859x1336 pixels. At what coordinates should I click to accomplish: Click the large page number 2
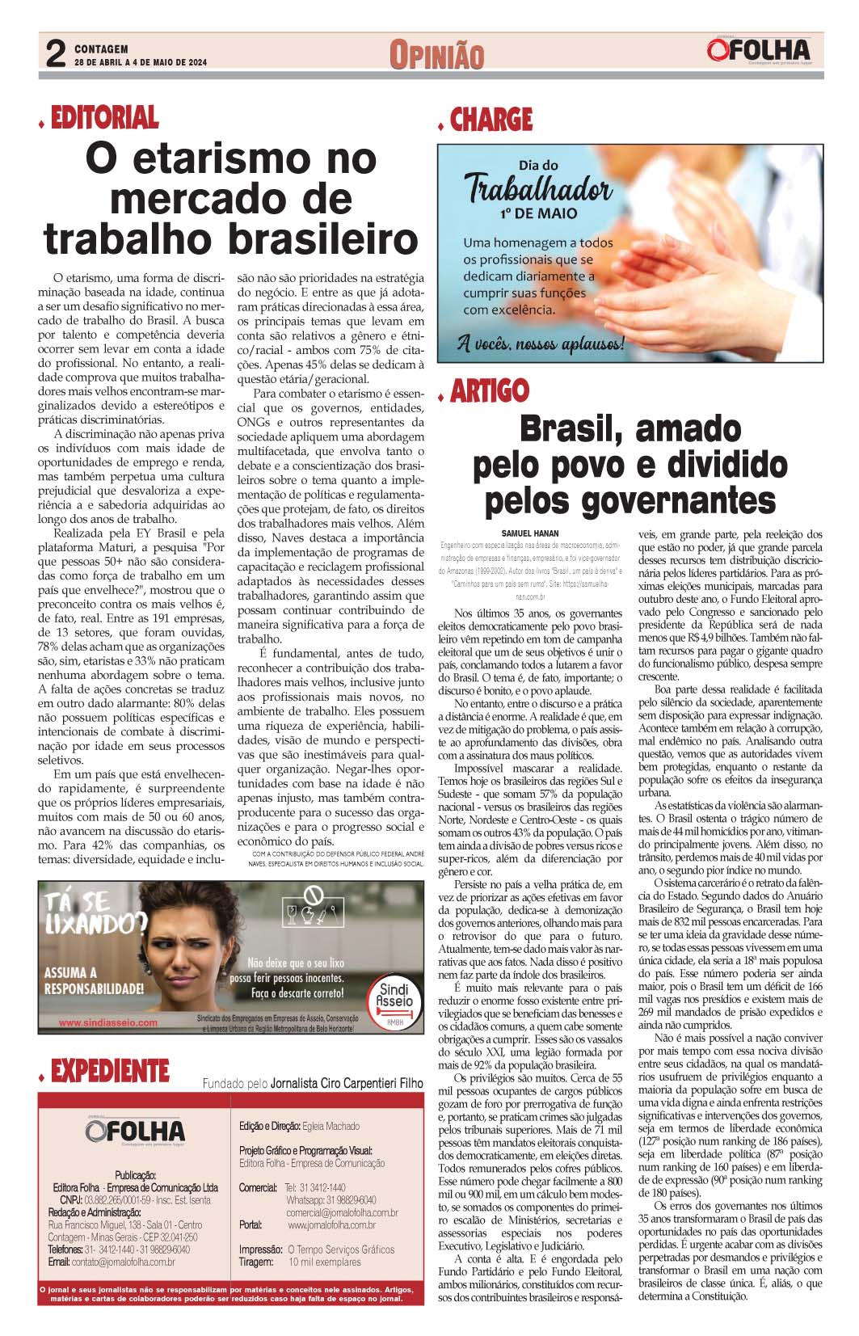(54, 55)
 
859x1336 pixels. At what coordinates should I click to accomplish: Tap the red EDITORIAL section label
(104, 118)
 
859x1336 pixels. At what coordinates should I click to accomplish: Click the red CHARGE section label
(491, 120)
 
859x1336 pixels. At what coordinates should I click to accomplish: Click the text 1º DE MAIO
(538, 214)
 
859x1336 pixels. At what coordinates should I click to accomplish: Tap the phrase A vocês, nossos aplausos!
(540, 343)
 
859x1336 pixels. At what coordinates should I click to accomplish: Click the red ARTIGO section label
(489, 391)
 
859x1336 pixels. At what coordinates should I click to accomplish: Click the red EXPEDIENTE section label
(109, 1072)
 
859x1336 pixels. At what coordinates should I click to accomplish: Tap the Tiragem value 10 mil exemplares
(325, 1262)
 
